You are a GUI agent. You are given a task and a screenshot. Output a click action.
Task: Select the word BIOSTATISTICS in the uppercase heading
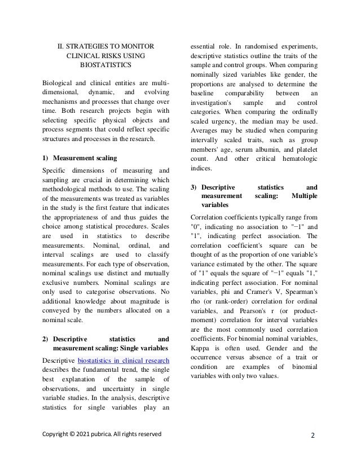(106, 65)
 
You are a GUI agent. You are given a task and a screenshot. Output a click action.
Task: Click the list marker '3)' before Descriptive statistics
(195, 187)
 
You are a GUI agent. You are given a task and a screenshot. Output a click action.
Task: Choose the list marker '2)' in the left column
(46, 339)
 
